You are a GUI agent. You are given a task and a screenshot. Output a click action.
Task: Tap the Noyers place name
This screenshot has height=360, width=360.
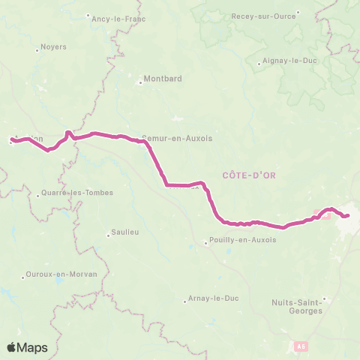coord(54,46)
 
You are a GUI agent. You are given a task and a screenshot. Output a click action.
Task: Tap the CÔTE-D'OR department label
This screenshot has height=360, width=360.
coord(249,175)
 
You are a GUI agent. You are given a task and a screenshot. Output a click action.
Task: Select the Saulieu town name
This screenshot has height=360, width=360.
coord(125,232)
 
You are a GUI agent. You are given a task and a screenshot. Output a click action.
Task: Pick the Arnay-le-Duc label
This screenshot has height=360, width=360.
coord(214,298)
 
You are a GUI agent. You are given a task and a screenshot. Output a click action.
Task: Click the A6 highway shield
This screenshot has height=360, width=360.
coord(301,346)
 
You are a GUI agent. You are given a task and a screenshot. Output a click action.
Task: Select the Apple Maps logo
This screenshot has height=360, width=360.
coord(28,347)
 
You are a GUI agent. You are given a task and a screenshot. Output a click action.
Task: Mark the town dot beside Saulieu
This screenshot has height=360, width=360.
coord(109,235)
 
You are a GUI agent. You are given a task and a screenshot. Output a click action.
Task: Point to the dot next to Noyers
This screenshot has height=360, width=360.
coord(37,49)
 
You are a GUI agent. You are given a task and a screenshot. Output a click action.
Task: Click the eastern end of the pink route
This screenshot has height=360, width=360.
coord(349,216)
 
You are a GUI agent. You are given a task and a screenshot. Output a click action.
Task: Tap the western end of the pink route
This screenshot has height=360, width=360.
coord(12,139)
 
